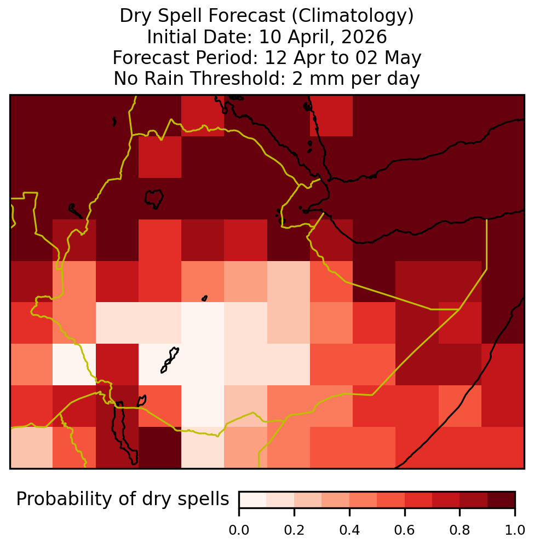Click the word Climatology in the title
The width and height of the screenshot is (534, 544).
click(353, 16)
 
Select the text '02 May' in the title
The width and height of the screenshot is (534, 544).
click(388, 57)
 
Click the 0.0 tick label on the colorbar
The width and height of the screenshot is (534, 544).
click(239, 530)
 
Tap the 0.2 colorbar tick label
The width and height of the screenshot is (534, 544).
click(294, 530)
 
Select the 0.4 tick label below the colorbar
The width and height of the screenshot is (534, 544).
click(349, 530)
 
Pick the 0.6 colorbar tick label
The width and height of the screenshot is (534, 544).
click(405, 530)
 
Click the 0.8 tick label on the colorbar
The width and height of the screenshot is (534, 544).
click(460, 530)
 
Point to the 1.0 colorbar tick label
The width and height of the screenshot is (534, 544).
click(515, 530)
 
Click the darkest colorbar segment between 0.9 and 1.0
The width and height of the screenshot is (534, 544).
click(501, 500)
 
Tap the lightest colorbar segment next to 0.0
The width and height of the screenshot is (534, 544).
click(253, 500)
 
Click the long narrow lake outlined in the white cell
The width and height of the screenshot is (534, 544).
click(169, 360)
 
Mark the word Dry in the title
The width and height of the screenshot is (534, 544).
click(136, 16)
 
